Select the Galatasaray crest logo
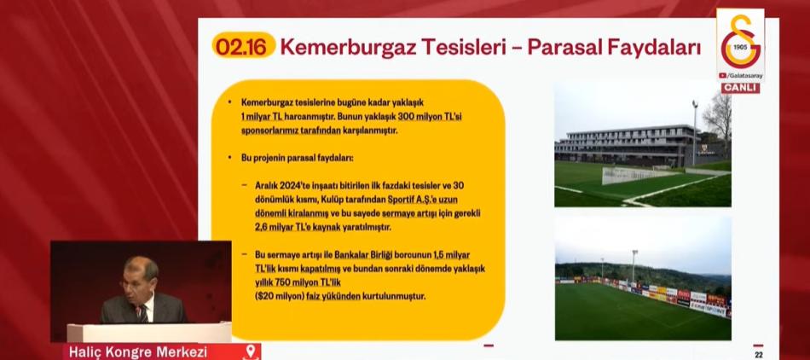coord(741,41)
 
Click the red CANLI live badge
coord(740,89)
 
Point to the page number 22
coord(758,354)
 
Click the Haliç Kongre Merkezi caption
coord(138,352)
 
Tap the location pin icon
coord(251,351)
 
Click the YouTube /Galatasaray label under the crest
coord(740,75)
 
